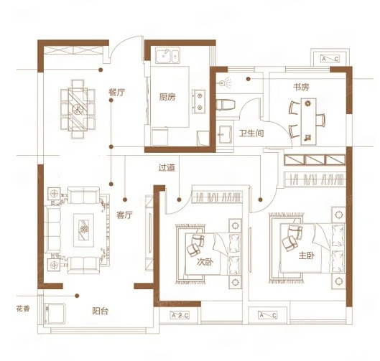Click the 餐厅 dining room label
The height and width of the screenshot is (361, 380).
click(x=117, y=93)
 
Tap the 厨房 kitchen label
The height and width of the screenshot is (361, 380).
click(x=167, y=97)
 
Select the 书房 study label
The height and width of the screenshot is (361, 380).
click(x=301, y=87)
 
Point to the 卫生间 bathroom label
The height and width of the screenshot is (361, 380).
click(x=251, y=133)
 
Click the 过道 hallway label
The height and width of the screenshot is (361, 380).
click(x=167, y=167)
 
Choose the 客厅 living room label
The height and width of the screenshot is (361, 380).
click(x=124, y=215)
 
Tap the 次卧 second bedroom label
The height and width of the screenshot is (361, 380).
click(x=205, y=262)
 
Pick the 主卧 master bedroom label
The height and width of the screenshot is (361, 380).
click(x=307, y=255)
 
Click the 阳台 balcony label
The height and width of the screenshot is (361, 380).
click(x=101, y=311)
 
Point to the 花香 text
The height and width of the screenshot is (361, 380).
click(x=23, y=309)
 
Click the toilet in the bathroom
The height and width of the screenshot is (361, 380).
click(x=226, y=105)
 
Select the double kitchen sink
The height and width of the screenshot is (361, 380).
click(x=167, y=55)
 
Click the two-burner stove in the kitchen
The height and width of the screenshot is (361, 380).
click(x=199, y=101)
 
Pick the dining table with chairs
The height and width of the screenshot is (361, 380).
click(x=78, y=109)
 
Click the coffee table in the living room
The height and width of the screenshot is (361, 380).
click(x=83, y=230)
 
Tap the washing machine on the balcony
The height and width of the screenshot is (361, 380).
click(x=55, y=314)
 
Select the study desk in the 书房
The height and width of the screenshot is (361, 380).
click(x=308, y=121)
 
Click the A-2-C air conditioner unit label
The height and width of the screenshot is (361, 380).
click(x=180, y=316)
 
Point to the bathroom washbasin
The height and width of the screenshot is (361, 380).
click(x=225, y=134)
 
